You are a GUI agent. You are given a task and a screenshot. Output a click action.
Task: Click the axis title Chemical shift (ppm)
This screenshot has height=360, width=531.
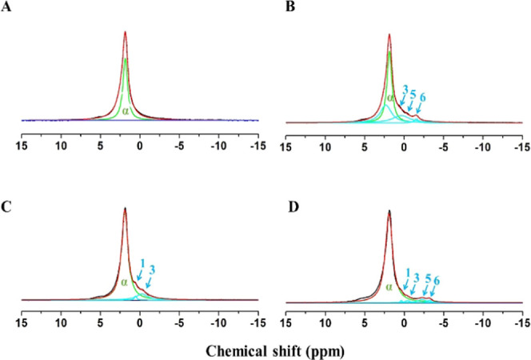[x=268, y=350]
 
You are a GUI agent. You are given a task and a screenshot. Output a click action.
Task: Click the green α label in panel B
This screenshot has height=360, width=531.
[x=389, y=98]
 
